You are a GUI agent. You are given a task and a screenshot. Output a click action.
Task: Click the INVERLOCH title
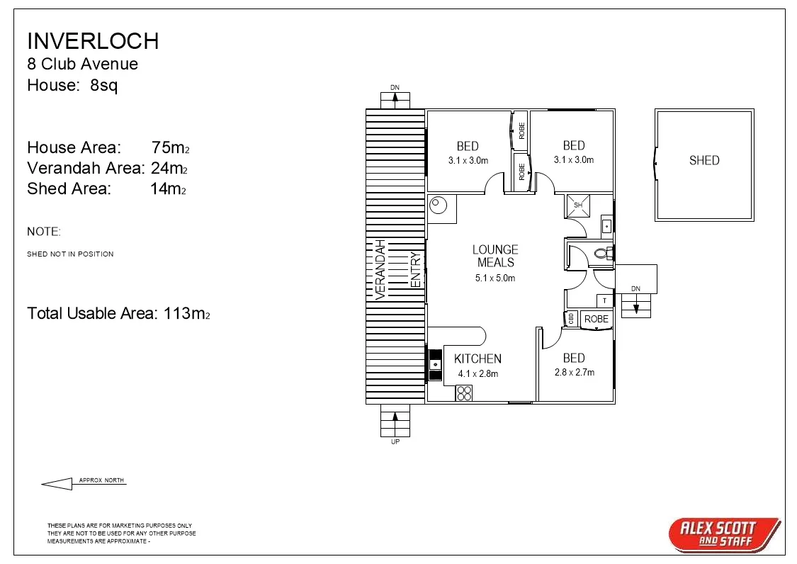93,40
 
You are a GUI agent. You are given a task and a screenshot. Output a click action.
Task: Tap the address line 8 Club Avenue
82,64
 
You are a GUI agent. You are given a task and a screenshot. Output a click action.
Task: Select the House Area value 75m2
170,148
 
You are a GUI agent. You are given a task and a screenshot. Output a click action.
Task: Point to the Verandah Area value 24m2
170,169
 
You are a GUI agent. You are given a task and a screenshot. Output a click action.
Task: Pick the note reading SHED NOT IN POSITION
70,254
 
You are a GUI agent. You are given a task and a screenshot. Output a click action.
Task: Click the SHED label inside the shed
703,161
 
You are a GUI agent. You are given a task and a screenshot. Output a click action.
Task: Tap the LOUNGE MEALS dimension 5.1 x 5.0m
495,278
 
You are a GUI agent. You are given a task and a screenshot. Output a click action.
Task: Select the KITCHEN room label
477,359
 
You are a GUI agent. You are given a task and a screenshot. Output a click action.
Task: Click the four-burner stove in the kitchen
464,393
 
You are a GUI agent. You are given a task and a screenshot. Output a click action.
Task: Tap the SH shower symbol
577,205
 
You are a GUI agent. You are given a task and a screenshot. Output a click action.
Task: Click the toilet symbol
603,253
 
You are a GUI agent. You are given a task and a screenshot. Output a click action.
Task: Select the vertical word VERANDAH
380,269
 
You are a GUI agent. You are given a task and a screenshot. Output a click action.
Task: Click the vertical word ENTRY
416,270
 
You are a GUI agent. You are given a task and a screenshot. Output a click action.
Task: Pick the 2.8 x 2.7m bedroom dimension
574,373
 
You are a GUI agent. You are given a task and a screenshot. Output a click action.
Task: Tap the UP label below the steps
395,441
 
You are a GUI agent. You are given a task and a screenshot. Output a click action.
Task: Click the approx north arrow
57,484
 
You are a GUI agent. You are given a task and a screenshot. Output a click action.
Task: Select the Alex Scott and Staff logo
724,534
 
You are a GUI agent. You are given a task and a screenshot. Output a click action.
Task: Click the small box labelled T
604,300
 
